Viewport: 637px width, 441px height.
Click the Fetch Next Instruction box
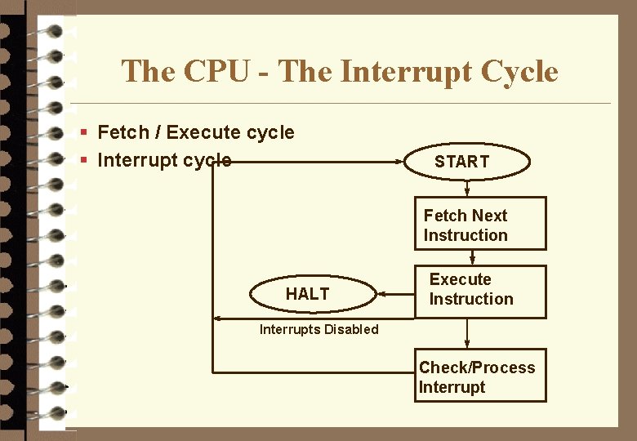[480, 224]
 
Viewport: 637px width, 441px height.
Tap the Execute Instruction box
[480, 290]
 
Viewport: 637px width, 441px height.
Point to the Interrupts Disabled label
[318, 329]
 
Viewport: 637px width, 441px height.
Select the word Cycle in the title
[519, 72]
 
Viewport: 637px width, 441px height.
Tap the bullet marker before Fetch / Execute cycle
[83, 132]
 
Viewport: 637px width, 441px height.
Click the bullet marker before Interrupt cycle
[83, 160]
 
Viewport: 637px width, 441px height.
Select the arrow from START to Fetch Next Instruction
[468, 189]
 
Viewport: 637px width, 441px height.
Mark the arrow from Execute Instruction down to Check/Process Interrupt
[468, 333]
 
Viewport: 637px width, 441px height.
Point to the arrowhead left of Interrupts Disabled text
[217, 318]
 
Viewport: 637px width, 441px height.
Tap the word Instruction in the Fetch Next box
[465, 235]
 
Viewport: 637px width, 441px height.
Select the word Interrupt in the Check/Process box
[451, 387]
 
